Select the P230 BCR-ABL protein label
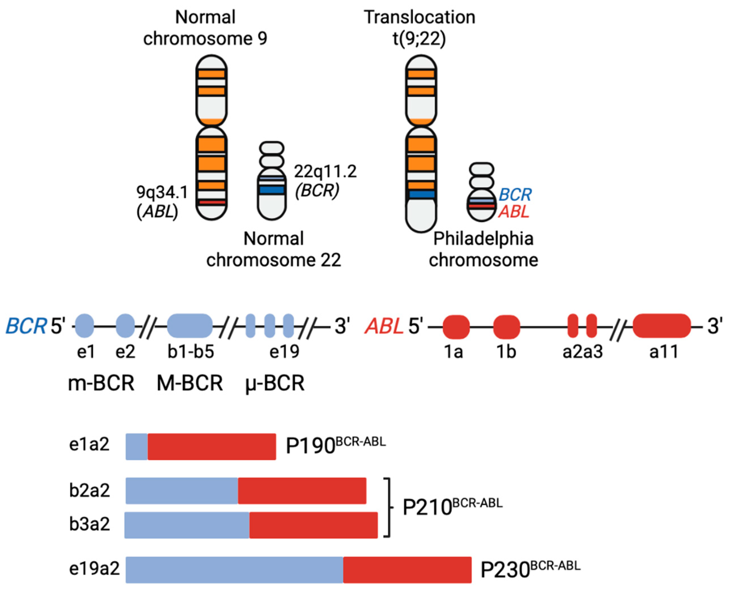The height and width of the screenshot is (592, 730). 530,569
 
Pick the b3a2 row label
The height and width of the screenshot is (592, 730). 90,524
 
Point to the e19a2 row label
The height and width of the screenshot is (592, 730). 94,569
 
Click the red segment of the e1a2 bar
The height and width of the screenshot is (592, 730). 212,447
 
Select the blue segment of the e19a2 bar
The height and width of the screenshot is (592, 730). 234,570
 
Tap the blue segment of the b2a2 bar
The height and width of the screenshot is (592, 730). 182,491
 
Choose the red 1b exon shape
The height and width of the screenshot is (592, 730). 507,327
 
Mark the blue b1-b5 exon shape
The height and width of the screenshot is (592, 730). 190,326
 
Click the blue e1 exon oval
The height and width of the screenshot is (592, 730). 84,326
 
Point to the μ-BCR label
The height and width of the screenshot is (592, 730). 275,383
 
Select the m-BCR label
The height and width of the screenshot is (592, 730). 101,383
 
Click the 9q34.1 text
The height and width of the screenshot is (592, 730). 162,192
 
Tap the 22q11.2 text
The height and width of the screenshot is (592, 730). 325,171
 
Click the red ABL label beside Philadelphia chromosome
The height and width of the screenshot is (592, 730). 514,212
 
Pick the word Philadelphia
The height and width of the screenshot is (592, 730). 483,239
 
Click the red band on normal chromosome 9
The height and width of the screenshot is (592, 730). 212,202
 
